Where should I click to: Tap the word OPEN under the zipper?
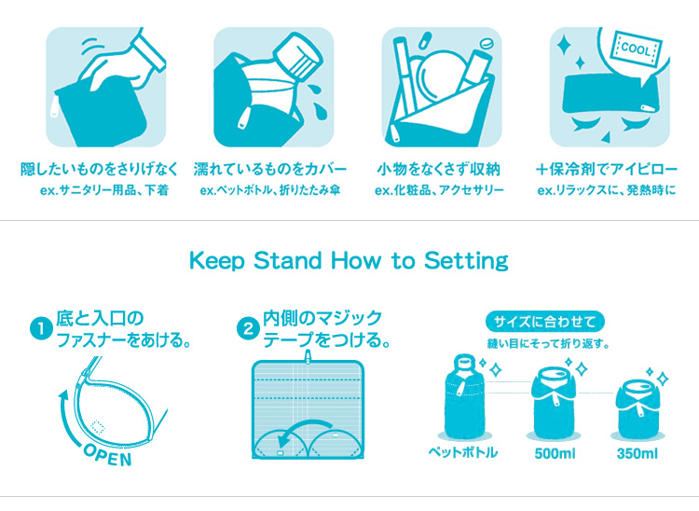(108, 455)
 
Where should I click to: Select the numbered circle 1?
(41, 328)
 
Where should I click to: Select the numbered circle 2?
(248, 329)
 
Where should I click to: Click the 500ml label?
(555, 454)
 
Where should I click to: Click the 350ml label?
(637, 454)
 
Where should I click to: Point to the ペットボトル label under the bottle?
(462, 452)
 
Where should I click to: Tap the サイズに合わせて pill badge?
(545, 322)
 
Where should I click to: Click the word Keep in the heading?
(217, 261)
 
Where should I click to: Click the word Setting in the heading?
(466, 261)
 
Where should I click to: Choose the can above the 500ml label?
(555, 404)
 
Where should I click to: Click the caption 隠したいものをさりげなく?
(99, 170)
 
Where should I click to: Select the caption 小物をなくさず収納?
(439, 170)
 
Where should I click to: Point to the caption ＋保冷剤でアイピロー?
(607, 170)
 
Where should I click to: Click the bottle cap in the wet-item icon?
(298, 56)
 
